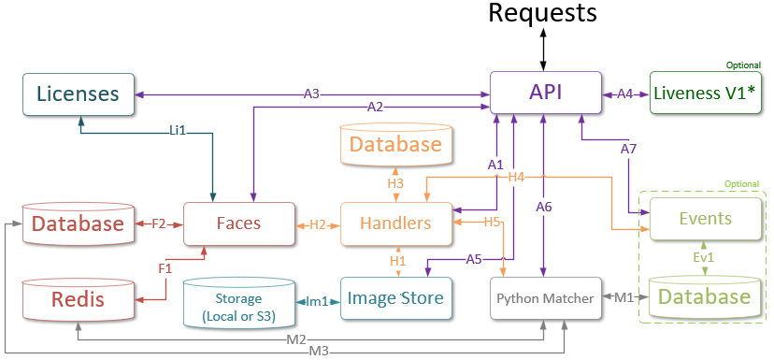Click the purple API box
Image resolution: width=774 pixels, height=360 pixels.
[545, 94]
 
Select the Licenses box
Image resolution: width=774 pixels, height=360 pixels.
[78, 94]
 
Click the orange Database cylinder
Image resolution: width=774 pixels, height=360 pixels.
[395, 145]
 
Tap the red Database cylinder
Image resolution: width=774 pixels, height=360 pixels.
[79, 223]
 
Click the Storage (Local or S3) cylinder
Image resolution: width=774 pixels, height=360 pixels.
[239, 301]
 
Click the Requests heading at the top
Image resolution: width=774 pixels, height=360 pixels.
[542, 13]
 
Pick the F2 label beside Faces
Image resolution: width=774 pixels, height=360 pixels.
[158, 223]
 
